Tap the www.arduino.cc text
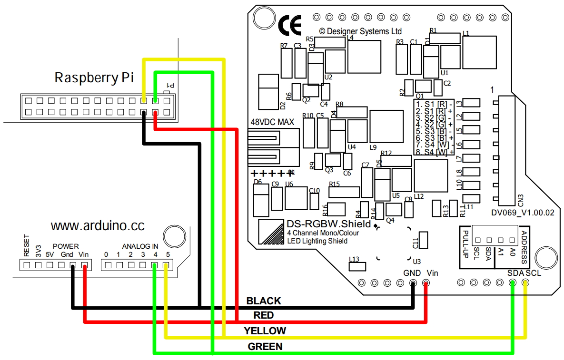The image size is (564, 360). [98, 225]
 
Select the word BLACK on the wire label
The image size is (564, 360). [264, 301]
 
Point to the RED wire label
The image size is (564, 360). [264, 315]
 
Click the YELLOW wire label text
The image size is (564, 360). [265, 331]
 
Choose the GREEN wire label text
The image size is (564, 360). [265, 347]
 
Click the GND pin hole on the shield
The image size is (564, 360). [413, 283]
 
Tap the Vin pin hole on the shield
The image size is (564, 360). [425, 283]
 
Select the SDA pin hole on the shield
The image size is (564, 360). [513, 283]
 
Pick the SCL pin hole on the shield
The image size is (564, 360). [525, 283]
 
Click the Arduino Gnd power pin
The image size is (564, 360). [73, 265]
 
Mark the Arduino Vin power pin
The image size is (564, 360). [85, 265]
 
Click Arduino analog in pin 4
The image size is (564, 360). [154, 265]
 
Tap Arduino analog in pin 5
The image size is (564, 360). [166, 265]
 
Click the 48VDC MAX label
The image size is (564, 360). [272, 122]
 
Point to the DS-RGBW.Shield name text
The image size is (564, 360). [328, 224]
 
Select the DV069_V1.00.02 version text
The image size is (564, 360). [523, 214]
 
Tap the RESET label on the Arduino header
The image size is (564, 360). [27, 245]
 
